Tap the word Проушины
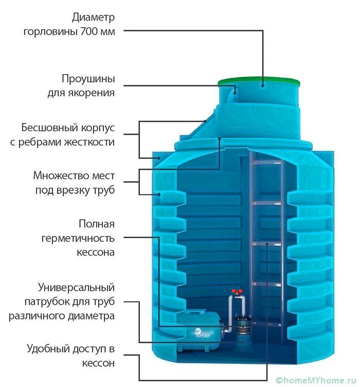tap(88, 80)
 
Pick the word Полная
tap(97, 224)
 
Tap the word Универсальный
tap(77, 287)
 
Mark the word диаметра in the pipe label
tap(93, 315)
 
